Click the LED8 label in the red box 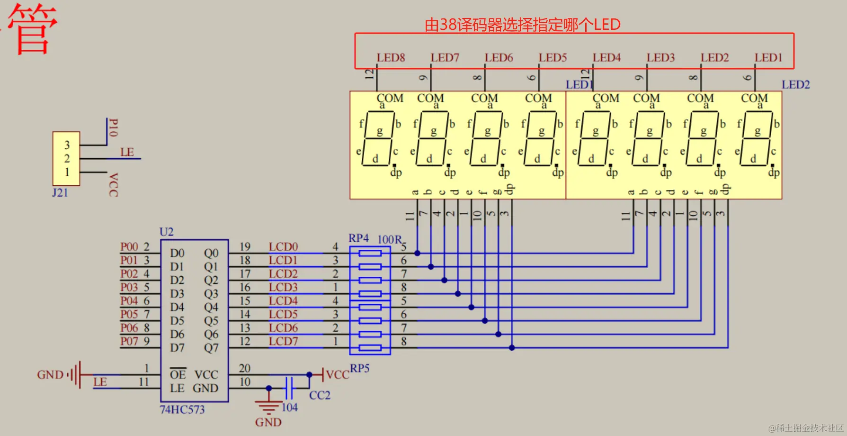[x=391, y=58]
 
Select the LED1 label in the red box [x=768, y=58]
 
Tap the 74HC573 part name [x=182, y=410]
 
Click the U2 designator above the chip [x=167, y=232]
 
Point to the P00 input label [x=129, y=247]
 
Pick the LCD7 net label [x=283, y=342]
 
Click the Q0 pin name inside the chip [x=211, y=253]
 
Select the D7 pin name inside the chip [x=177, y=348]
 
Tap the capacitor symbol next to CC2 [x=289, y=388]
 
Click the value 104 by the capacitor [x=289, y=408]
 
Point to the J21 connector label [x=60, y=193]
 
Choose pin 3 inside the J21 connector [x=67, y=145]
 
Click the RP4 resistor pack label [x=358, y=238]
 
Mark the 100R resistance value [x=389, y=239]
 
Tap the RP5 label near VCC [x=359, y=368]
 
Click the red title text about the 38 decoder [x=522, y=25]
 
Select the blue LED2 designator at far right [x=795, y=85]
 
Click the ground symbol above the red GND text [x=268, y=406]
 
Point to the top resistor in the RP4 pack [x=370, y=254]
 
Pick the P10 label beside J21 [x=113, y=128]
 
